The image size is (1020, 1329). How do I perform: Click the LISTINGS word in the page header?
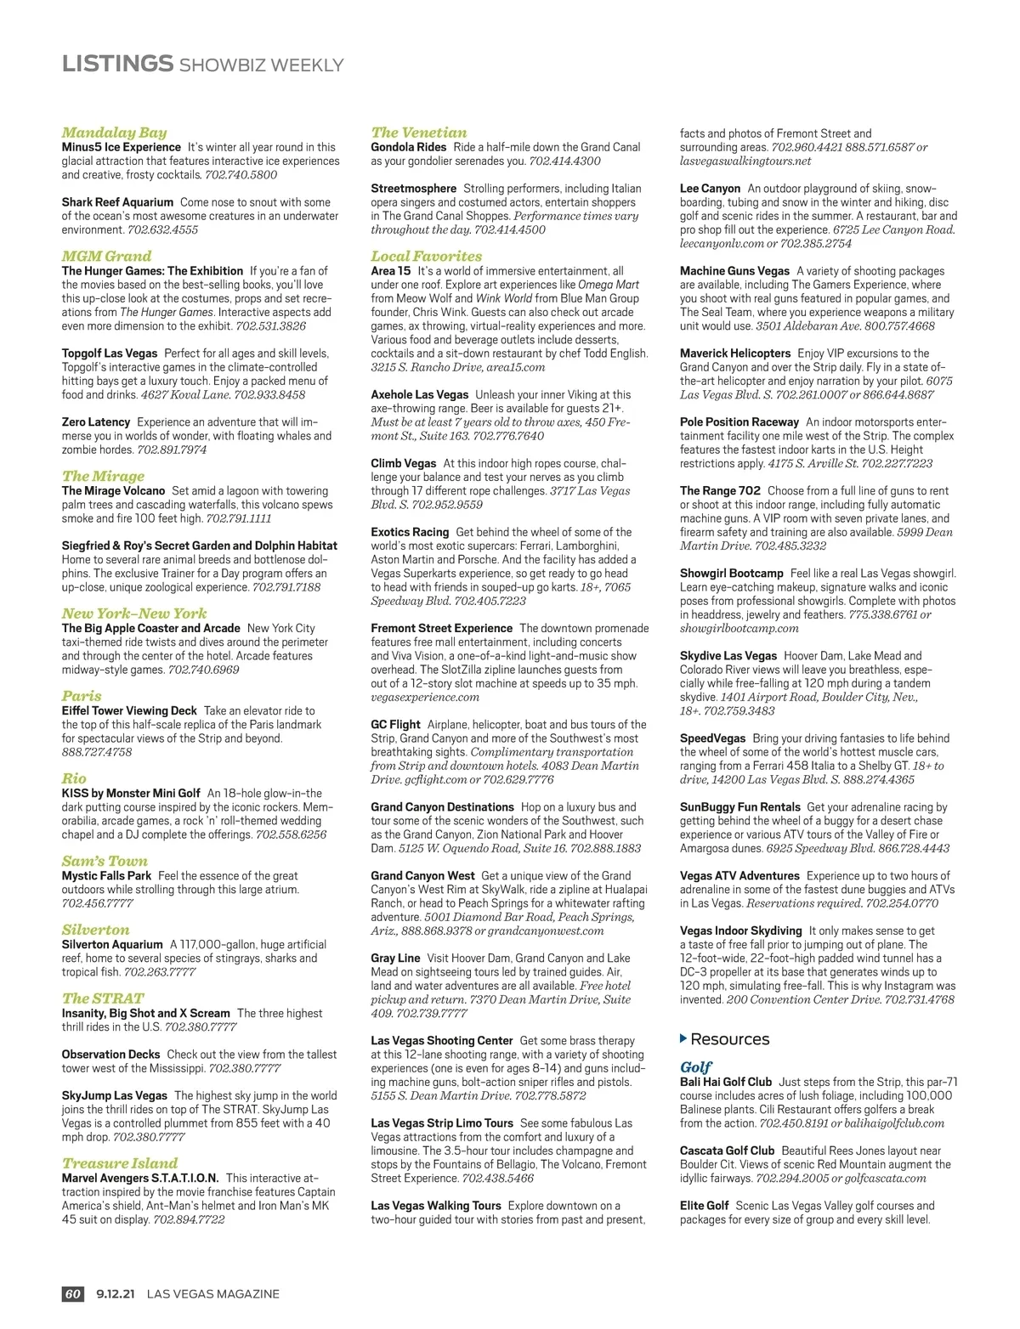117,64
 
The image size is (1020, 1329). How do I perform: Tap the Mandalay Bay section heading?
114,133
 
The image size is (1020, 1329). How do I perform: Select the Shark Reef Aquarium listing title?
117,202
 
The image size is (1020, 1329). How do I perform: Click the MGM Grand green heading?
106,256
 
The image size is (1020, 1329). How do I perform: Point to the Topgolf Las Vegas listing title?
110,353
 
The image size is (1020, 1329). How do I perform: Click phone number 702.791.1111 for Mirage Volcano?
239,518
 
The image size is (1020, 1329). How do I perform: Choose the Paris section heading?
82,696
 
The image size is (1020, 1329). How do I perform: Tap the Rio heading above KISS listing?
74,778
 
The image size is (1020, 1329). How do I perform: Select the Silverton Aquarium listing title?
112,944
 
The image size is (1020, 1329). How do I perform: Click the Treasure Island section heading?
120,1163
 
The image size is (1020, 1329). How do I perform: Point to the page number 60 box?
73,1294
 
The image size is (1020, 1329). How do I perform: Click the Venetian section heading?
419,133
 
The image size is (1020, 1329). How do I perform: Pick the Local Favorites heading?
426,256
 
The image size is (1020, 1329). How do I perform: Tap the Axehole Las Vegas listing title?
420,394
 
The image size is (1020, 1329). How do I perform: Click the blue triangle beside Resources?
683,1038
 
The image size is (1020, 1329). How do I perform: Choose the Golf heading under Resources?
695,1067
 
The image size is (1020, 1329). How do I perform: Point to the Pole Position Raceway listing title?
739,421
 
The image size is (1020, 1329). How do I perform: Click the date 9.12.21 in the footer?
116,1294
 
